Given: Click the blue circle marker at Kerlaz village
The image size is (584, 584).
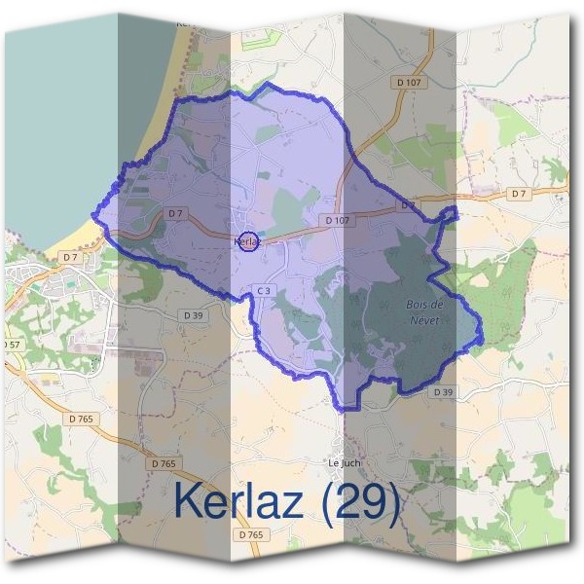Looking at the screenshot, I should pos(248,241).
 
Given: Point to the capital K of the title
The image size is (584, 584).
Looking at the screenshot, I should pos(191,500).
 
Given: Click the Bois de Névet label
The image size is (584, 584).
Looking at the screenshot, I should pos(423,312).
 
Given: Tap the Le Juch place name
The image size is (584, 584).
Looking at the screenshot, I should pos(345,462).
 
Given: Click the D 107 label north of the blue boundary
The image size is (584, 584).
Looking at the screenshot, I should pos(410,83).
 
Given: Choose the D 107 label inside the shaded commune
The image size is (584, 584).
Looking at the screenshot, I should pos(337,221).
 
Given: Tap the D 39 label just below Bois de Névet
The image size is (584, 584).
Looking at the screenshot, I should pos(443,391).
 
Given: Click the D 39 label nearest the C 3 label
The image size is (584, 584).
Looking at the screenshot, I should pos(193,314).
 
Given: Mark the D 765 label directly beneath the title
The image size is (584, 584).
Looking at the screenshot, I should pos(251,534).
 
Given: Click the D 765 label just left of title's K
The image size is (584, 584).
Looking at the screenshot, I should pos(164,464).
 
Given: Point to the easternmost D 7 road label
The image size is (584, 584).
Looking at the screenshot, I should pos(517,195).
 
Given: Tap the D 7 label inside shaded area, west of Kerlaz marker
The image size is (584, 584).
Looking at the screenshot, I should pos(175,212).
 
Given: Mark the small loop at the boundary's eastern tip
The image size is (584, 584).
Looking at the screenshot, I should pos(449,212).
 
